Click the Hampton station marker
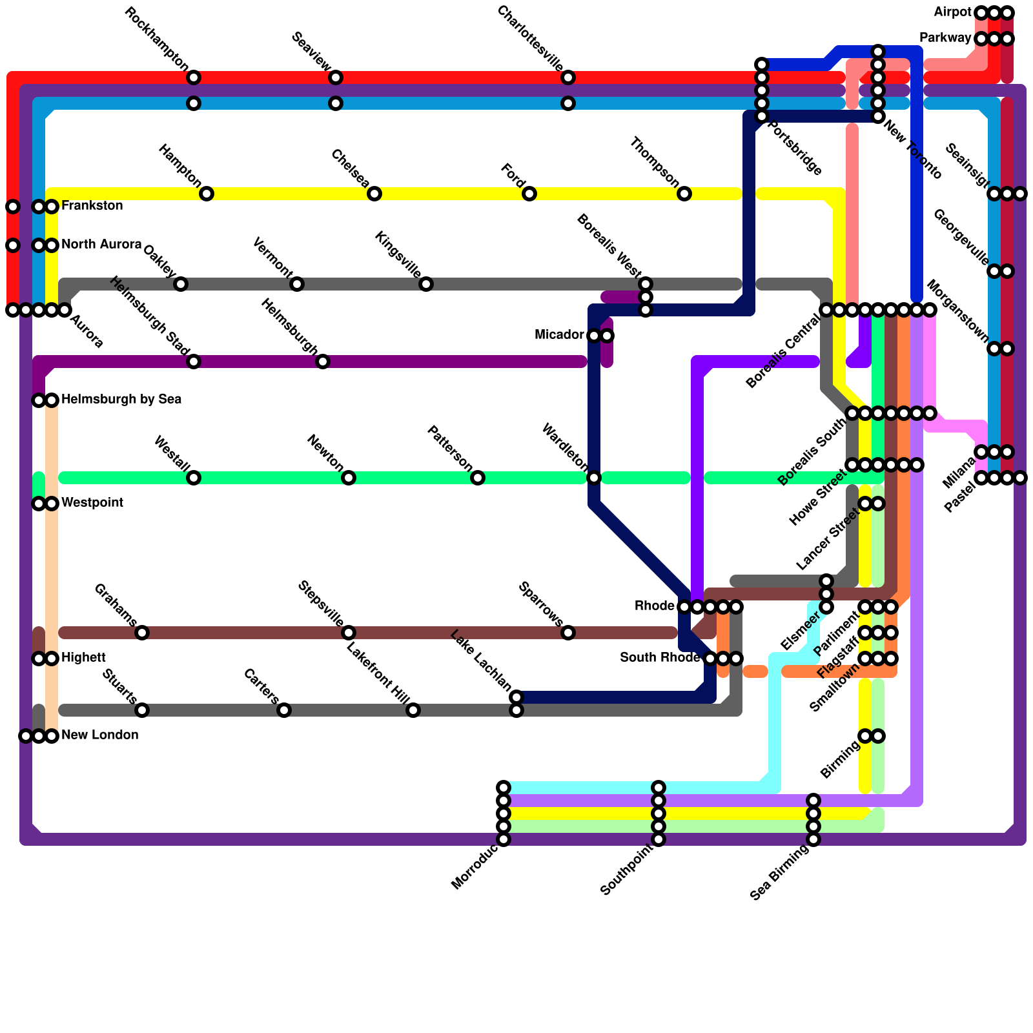207,194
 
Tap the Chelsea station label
350,169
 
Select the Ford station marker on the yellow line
529,194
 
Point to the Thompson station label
655,162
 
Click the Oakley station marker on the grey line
181,284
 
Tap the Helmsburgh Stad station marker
194,362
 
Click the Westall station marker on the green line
194,478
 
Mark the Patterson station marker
478,478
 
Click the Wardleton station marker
594,478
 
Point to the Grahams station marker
142,633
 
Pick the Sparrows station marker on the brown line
568,633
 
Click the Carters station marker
284,710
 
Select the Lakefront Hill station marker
413,710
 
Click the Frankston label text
92,206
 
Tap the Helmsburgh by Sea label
121,400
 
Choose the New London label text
100,735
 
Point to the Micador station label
559,335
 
